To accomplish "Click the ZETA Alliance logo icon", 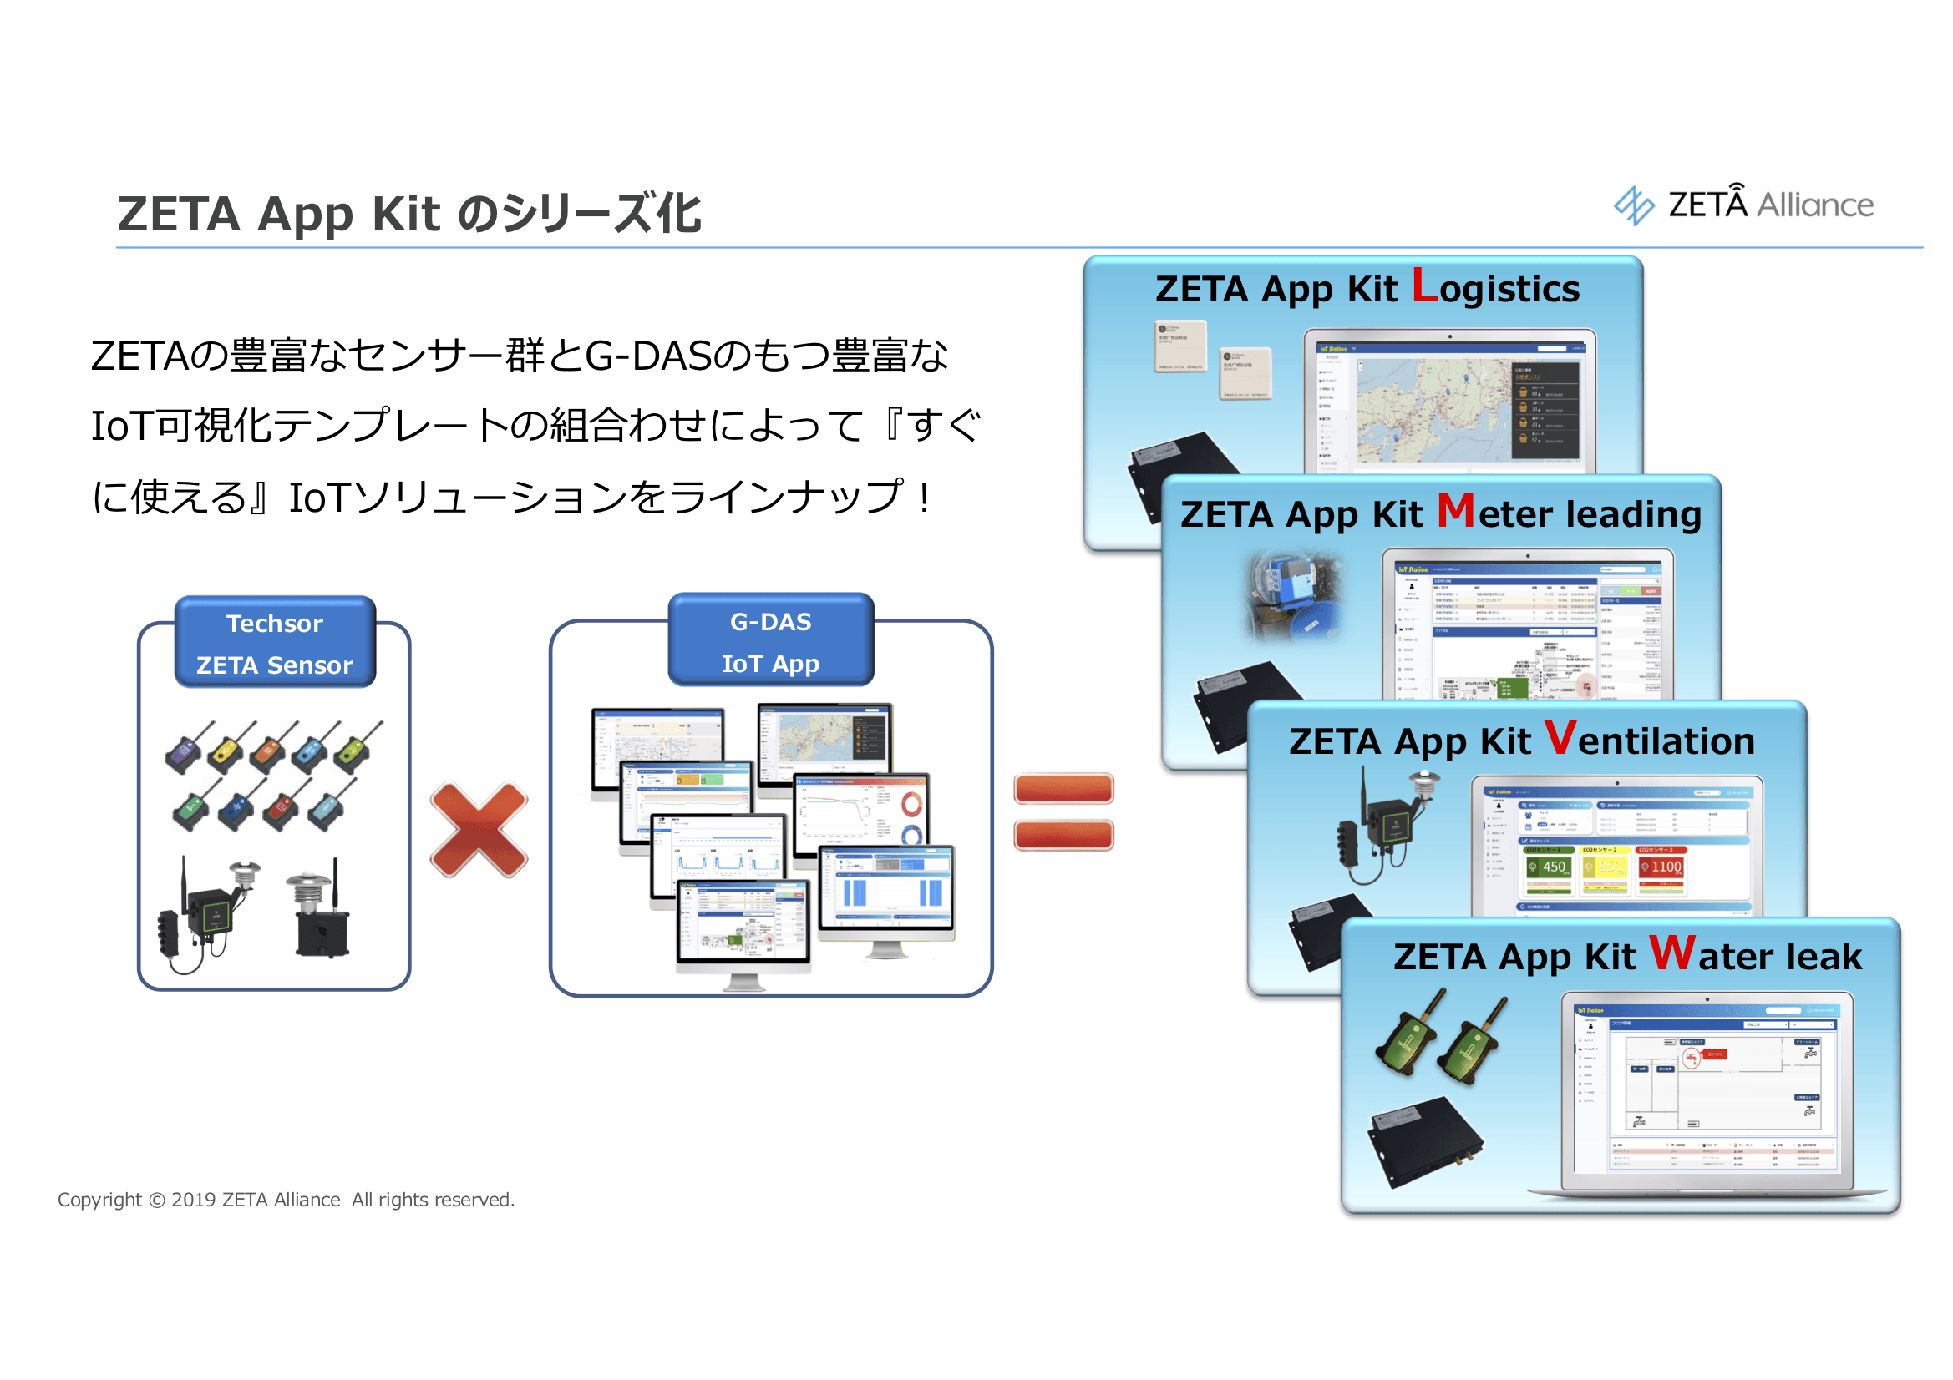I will (1633, 205).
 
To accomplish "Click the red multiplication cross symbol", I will (479, 831).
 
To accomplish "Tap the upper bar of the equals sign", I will (1063, 789).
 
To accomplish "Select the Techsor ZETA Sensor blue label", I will (275, 643).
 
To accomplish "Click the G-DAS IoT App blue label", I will (771, 641).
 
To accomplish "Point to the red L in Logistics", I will (1424, 286).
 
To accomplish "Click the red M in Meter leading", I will (1455, 510).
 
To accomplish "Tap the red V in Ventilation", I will (1560, 737).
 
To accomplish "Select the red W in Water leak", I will (1672, 953).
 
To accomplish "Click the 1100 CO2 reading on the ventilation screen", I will (1666, 867).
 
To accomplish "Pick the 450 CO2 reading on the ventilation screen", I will (1553, 867).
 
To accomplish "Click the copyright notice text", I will (286, 1200).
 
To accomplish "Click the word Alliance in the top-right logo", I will (1815, 205).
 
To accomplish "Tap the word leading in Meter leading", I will (1633, 514).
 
